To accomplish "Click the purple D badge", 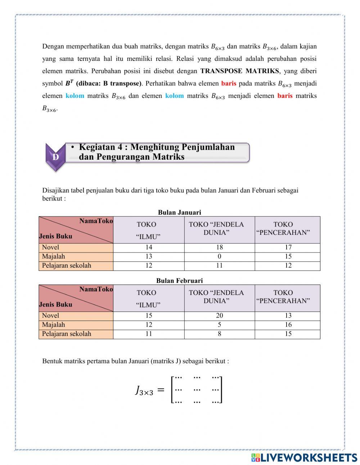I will tap(55, 157).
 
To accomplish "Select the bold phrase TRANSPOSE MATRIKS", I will tap(239, 71).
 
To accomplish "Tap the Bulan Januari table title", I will tap(179, 213).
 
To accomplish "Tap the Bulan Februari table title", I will tap(179, 281).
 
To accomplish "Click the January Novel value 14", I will tap(149, 247).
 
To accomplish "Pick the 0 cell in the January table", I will tap(219, 256).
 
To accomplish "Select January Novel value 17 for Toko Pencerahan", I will tap(288, 247).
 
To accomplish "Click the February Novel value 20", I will tap(219, 316).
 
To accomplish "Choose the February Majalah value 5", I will tap(219, 325).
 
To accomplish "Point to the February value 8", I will tap(219, 334).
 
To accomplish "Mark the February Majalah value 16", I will tap(288, 325).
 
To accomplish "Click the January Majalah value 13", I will tap(149, 256).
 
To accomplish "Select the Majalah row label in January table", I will tap(54, 256).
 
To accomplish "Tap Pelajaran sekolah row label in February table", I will tap(67, 334).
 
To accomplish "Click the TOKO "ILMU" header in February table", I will tap(148, 299).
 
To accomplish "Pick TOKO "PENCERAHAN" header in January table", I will tap(283, 229).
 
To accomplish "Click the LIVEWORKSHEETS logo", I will tap(304, 457).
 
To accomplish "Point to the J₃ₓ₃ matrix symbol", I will tap(144, 390).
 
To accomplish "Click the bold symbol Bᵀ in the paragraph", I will tap(69, 83).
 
